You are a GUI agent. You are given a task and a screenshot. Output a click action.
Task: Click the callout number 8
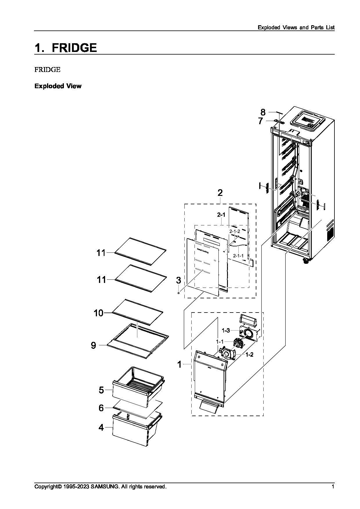tap(263, 112)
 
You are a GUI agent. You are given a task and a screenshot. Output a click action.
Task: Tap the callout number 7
tap(260, 121)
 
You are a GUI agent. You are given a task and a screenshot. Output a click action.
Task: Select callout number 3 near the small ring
tap(179, 280)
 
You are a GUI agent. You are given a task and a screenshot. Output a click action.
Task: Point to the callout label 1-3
tap(226, 330)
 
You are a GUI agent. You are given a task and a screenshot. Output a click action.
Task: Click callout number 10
tap(98, 313)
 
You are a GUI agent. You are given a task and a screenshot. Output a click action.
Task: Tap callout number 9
tap(93, 345)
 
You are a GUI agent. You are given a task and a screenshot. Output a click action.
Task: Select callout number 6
tap(101, 408)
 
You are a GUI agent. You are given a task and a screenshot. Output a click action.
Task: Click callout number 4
tap(101, 427)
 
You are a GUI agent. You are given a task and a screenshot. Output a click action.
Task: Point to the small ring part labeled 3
tap(179, 293)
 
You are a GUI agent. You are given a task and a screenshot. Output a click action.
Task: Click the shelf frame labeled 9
tap(138, 338)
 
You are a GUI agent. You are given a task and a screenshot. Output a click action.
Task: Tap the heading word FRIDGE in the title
tap(74, 48)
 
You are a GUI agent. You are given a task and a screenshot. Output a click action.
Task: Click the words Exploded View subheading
tap(58, 86)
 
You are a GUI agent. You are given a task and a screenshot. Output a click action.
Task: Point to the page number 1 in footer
tap(333, 486)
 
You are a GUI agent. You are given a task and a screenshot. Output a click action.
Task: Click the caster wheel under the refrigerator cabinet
tap(305, 261)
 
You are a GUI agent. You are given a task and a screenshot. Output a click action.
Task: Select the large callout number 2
tap(220, 192)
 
